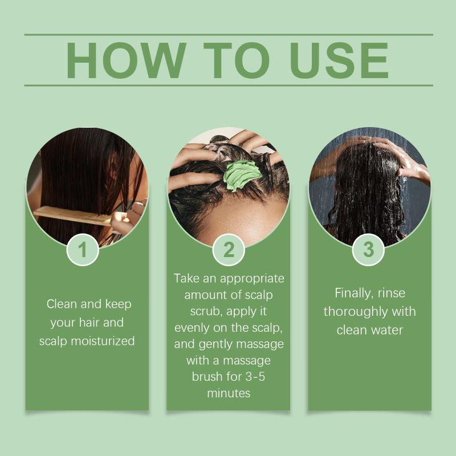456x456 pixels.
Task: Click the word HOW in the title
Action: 126,60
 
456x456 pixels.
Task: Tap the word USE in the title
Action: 339,60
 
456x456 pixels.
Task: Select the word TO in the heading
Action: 237,60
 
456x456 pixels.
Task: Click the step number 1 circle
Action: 83,250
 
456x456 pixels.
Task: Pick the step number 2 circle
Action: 229,250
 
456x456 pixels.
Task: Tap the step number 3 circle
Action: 368,250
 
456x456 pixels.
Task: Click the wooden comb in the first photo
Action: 73,215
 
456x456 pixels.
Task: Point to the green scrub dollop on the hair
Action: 242,176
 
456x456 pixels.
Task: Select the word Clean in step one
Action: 62,304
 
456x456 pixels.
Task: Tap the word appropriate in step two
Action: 252,279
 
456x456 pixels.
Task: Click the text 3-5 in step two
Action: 255,376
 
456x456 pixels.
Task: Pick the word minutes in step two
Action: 229,393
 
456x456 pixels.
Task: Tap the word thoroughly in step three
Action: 356,312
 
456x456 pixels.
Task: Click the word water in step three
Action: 386,331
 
